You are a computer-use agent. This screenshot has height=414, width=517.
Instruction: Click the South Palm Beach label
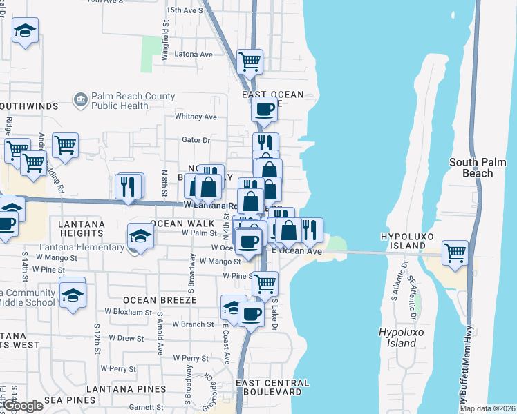[x=480, y=168]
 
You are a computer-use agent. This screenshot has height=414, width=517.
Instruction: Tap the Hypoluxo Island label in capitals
[x=413, y=241]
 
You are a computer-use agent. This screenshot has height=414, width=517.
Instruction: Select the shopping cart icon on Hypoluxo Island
[x=455, y=253]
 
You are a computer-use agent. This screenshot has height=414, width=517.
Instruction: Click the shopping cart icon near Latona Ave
[x=250, y=61]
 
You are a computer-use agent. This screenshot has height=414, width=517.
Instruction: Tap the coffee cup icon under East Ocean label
[x=263, y=109]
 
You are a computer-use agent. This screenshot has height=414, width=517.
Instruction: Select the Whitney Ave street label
[x=196, y=117]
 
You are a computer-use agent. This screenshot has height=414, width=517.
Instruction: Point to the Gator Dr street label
[x=196, y=140]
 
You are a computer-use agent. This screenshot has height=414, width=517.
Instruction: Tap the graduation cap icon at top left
[x=26, y=30]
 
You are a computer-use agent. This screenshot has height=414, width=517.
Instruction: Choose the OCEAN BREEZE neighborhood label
[x=160, y=300]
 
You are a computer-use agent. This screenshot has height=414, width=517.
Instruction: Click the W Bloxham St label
[x=128, y=313]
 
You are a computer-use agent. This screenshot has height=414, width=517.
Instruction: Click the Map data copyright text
[x=487, y=408]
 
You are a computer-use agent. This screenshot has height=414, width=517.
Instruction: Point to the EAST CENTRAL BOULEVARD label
[x=272, y=387]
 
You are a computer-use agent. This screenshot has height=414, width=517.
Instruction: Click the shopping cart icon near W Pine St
[x=265, y=284]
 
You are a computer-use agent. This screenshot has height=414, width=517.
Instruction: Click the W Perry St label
[x=191, y=359]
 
